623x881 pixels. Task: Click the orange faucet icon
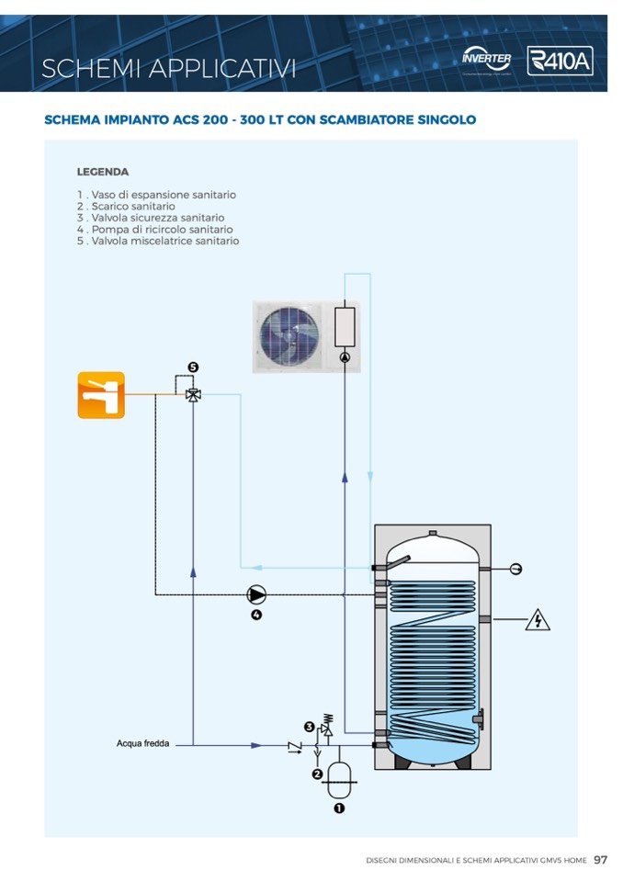101,395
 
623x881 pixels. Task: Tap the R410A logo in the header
560,62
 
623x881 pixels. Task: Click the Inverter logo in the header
487,60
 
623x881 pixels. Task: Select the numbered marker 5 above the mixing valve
193,367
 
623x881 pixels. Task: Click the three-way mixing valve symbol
193,395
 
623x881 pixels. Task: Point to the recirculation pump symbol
256,593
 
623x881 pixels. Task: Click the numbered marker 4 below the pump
256,615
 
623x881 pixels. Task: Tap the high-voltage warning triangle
538,621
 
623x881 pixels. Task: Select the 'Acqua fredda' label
142,744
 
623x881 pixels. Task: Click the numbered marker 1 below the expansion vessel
339,808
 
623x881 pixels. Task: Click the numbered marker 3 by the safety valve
310,728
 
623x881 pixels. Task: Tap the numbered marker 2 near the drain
317,774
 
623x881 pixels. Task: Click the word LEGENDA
103,172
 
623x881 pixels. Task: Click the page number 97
600,860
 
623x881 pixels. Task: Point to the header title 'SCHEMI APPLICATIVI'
169,67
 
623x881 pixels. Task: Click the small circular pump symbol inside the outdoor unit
345,357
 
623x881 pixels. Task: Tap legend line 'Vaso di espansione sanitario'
156,195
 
